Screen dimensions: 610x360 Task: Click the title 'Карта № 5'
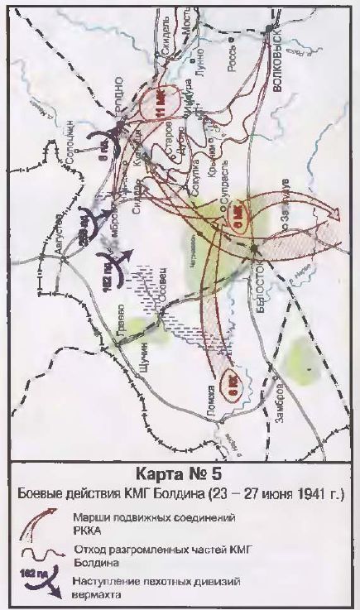tap(180, 476)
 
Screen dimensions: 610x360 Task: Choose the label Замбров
tap(281, 395)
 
